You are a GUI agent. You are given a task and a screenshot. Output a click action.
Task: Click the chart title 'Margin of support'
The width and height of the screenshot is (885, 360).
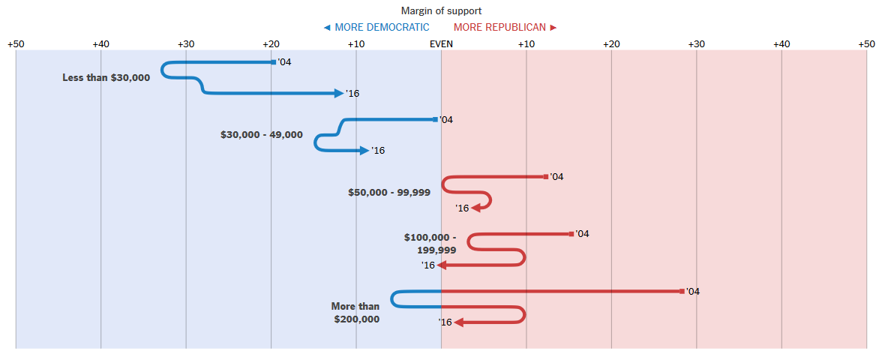[441, 10]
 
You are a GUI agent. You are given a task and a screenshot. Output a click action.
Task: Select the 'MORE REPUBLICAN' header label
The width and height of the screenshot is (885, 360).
[500, 27]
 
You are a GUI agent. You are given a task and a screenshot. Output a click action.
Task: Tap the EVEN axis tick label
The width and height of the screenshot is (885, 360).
[441, 44]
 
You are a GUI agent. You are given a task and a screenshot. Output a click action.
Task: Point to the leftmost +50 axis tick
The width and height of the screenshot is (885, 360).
[16, 44]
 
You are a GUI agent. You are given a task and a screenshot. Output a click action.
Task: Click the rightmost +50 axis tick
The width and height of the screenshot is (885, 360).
[866, 44]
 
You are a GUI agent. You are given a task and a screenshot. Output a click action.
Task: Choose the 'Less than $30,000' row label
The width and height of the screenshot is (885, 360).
[106, 77]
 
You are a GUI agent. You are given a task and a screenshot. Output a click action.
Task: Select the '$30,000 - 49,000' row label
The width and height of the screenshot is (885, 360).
[262, 135]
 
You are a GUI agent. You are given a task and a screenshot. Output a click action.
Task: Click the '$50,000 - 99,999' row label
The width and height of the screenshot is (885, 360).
[389, 192]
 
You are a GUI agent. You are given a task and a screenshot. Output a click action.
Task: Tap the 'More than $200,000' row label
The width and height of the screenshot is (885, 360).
[355, 313]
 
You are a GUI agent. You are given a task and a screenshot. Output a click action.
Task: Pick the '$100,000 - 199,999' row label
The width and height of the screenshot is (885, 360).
[430, 244]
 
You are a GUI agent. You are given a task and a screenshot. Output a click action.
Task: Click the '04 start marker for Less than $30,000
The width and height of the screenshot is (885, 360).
[273, 62]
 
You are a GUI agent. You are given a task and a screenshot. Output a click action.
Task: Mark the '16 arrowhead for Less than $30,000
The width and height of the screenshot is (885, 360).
[339, 93]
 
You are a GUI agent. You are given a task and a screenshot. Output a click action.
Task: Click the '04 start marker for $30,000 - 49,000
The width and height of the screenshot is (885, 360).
[435, 119]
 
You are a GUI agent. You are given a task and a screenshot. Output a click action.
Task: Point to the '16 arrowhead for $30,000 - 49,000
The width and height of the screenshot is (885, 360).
[364, 151]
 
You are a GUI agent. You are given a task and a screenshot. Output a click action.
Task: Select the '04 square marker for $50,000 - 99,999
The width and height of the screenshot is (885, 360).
[546, 177]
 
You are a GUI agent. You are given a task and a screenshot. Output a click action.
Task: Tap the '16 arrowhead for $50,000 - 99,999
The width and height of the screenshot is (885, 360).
[477, 208]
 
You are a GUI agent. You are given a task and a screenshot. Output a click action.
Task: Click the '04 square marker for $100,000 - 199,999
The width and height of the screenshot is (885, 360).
[571, 234]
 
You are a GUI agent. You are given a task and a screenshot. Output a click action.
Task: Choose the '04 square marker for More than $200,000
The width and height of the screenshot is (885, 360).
[682, 291]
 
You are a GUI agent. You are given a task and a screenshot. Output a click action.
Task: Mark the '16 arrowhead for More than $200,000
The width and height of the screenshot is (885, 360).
[459, 322]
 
